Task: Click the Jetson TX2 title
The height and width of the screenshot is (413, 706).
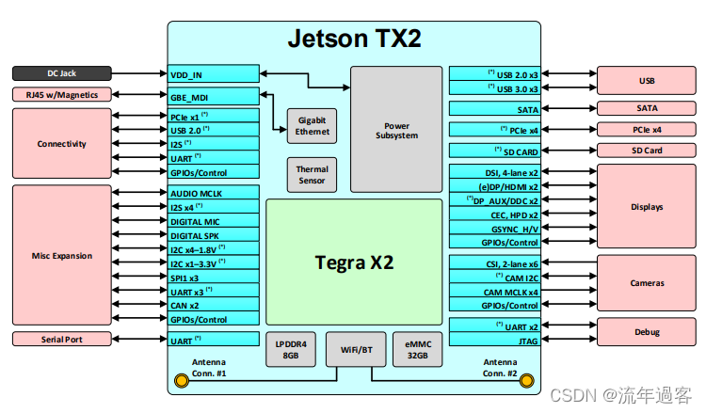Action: [353, 39]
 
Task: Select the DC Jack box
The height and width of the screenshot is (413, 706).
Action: [62, 72]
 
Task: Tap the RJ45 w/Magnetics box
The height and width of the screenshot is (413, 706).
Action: [62, 94]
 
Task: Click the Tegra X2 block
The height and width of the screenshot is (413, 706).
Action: [353, 262]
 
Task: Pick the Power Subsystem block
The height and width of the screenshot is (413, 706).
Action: [396, 130]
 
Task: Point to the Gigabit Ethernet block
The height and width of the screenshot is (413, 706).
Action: [312, 126]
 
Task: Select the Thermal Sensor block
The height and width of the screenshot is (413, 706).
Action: [312, 174]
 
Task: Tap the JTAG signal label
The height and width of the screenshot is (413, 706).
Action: [494, 341]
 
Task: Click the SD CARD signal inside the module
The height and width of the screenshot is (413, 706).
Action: [494, 151]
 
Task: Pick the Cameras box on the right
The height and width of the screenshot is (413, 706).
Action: [647, 282]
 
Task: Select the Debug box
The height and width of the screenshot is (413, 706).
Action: [647, 331]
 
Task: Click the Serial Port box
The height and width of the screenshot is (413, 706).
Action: [62, 339]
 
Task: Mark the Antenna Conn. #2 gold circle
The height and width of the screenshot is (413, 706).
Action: [527, 380]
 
